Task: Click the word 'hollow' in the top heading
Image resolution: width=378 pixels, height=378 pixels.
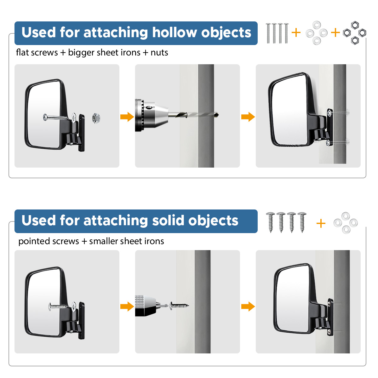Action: tap(175, 32)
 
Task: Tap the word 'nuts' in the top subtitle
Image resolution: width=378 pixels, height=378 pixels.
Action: tap(159, 53)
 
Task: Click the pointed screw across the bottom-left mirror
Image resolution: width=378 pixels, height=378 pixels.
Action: tap(59, 306)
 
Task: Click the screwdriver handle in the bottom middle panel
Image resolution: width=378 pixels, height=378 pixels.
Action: tap(146, 306)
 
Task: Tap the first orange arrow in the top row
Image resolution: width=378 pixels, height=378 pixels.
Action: tap(127, 117)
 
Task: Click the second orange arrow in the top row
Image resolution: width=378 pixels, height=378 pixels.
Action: tap(248, 117)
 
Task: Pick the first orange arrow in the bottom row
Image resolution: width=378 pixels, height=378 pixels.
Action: tap(127, 306)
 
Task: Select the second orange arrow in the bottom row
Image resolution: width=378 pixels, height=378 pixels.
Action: tap(248, 306)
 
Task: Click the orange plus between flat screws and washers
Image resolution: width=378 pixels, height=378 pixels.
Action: tap(296, 32)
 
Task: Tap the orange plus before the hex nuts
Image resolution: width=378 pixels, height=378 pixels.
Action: tap(335, 32)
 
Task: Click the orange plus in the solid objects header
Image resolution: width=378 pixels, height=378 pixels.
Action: tap(321, 223)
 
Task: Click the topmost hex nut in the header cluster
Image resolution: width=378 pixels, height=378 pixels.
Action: tap(355, 25)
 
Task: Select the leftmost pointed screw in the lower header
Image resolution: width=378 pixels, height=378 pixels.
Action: tap(270, 222)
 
